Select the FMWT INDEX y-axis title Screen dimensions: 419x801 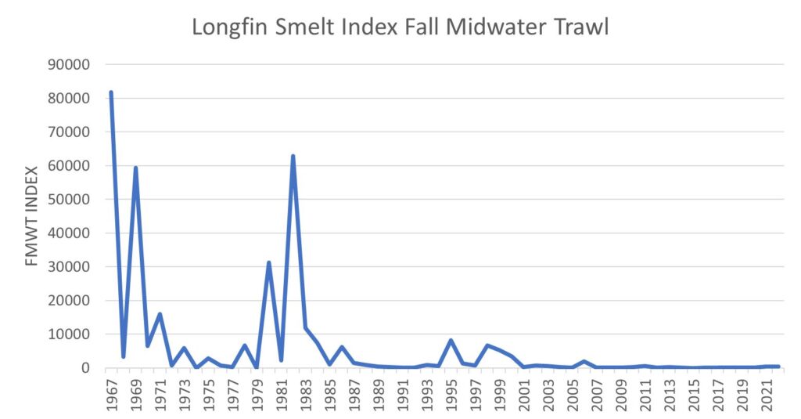tap(31, 216)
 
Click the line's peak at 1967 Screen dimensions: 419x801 tap(111, 92)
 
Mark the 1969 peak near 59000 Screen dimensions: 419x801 tap(135, 168)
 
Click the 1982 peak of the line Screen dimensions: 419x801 tap(293, 156)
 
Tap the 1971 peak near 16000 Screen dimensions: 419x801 tap(160, 314)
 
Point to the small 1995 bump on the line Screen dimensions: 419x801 tap(451, 340)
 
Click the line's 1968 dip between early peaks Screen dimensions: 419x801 tap(123, 356)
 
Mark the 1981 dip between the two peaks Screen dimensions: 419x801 tap(280, 360)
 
